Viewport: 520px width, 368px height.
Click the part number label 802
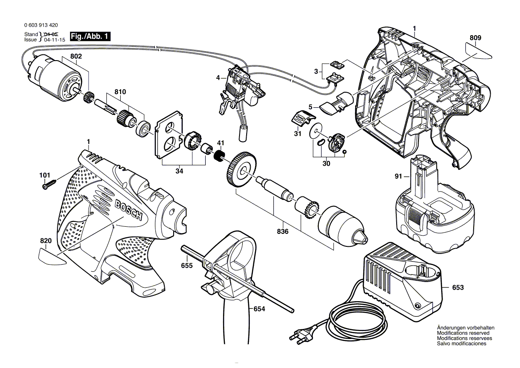tap(76, 57)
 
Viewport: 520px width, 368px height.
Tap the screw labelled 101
tap(49, 184)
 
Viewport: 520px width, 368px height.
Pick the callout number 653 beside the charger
tap(458, 288)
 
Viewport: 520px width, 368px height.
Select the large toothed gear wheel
tap(240, 170)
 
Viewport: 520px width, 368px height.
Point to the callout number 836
tap(283, 232)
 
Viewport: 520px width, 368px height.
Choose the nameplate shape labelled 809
tap(477, 51)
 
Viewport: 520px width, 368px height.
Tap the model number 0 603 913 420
tap(39, 26)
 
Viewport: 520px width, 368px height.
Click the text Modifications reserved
tap(463, 333)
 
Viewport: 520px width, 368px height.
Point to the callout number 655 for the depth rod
tap(187, 265)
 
